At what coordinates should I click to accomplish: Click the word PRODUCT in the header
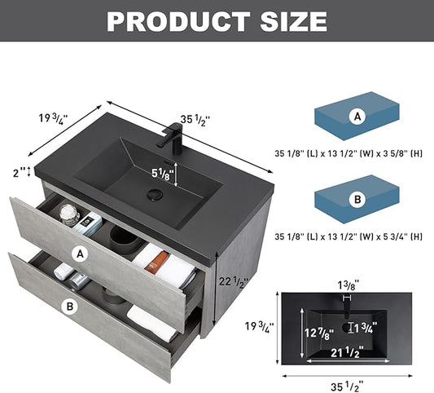click(x=178, y=22)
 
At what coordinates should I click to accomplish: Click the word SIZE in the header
click(x=294, y=22)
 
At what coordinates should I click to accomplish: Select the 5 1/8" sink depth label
click(x=163, y=174)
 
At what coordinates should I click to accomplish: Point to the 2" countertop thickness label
click(x=19, y=173)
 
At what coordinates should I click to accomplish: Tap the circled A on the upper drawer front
click(x=80, y=254)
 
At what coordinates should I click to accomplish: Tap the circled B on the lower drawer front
click(x=70, y=307)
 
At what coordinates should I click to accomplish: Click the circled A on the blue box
click(x=357, y=117)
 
